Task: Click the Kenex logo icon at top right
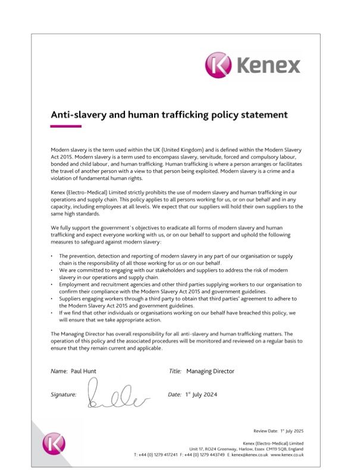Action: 219,65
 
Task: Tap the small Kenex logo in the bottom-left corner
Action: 54,443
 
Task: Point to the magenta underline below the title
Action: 65,126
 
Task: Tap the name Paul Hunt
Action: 83,371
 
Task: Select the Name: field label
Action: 59,371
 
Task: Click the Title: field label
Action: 175,371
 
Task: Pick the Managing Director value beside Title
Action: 210,371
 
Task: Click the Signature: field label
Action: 64,395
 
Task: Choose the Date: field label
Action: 174,395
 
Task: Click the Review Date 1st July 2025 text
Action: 278,431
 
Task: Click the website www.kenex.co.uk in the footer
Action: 288,455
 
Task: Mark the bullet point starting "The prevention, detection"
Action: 52,255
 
